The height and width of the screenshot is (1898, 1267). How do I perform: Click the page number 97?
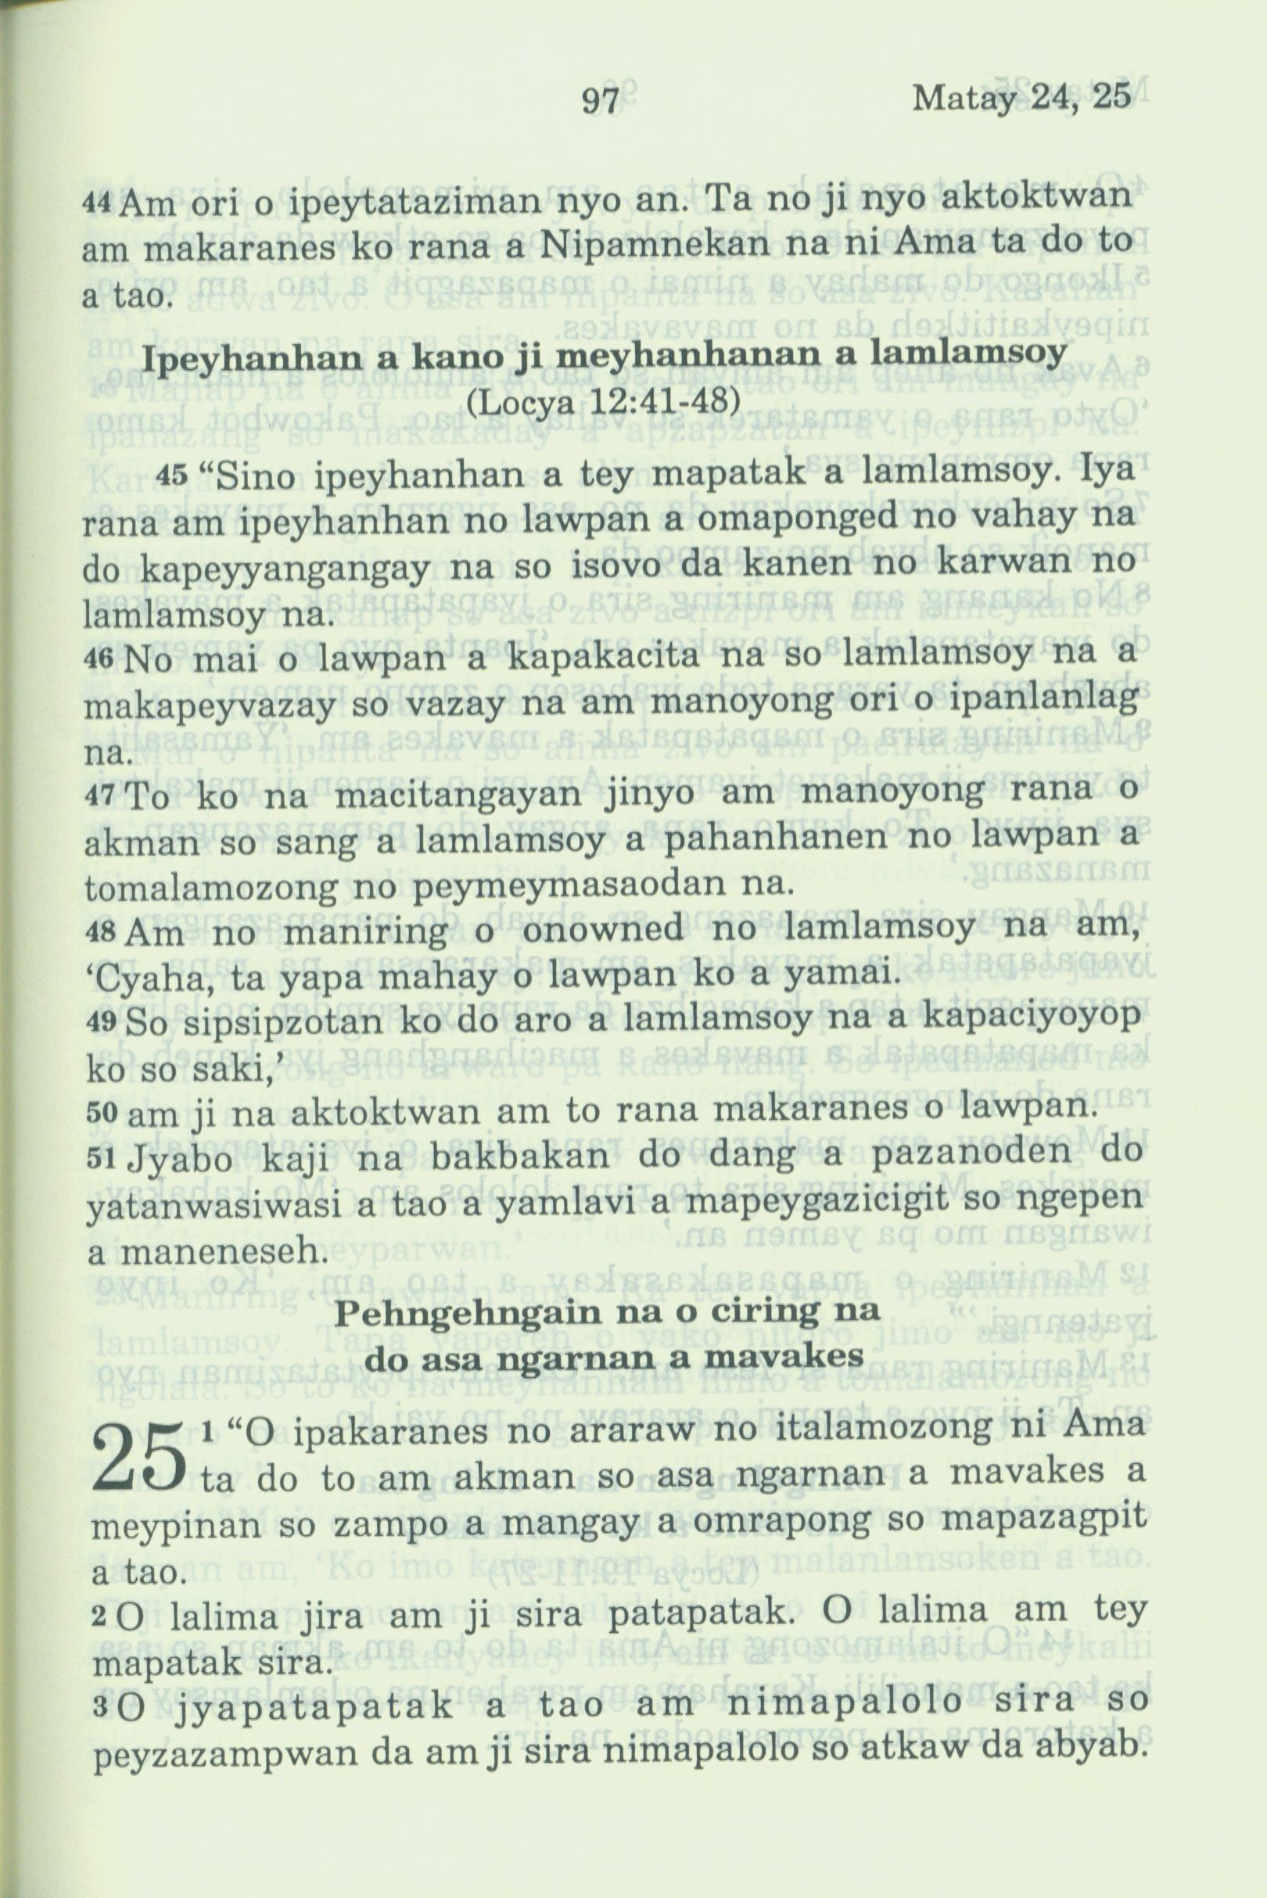pos(601,103)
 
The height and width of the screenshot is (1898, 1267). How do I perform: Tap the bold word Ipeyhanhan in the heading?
pos(238,358)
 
